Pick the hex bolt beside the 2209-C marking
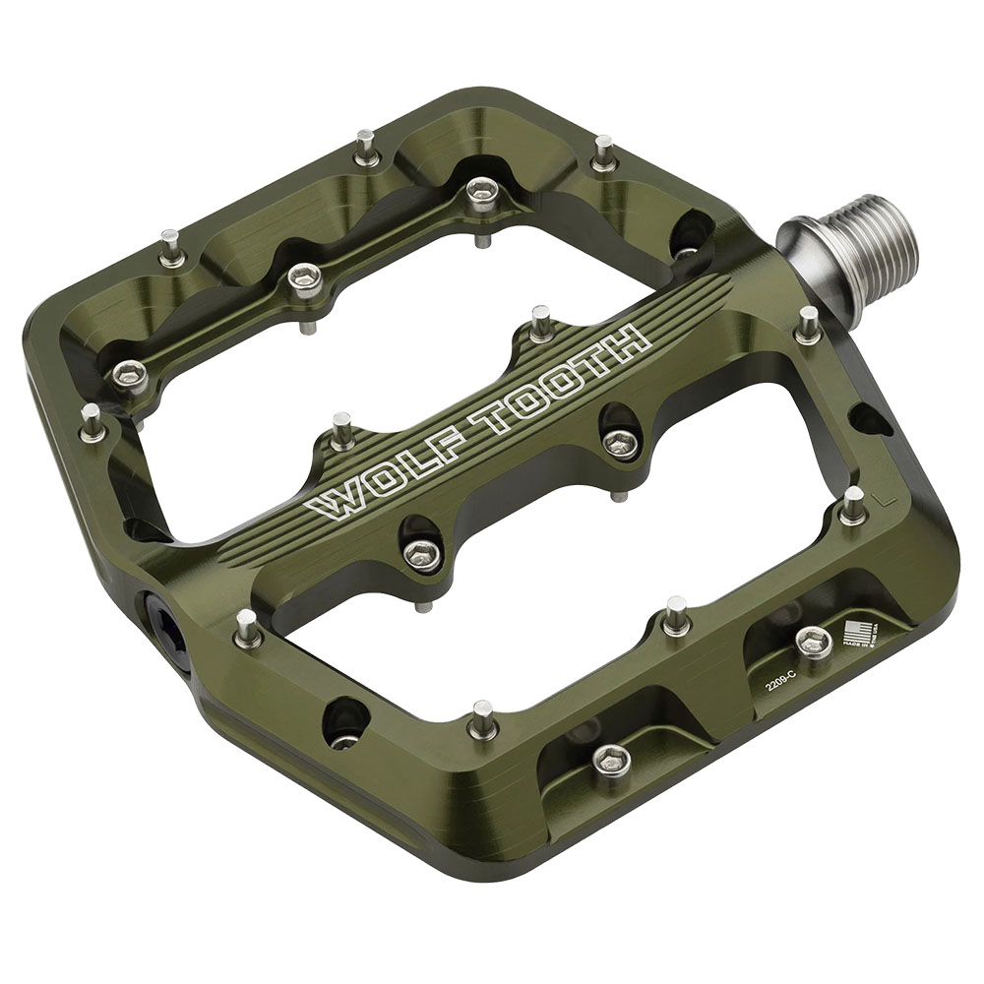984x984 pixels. tap(813, 642)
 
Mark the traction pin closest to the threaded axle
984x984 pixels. tap(808, 325)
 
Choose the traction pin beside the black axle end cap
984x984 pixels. tap(246, 629)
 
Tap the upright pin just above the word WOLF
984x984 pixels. tap(342, 431)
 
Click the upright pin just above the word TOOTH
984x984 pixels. tap(540, 323)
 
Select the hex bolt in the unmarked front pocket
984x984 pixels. tap(611, 759)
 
